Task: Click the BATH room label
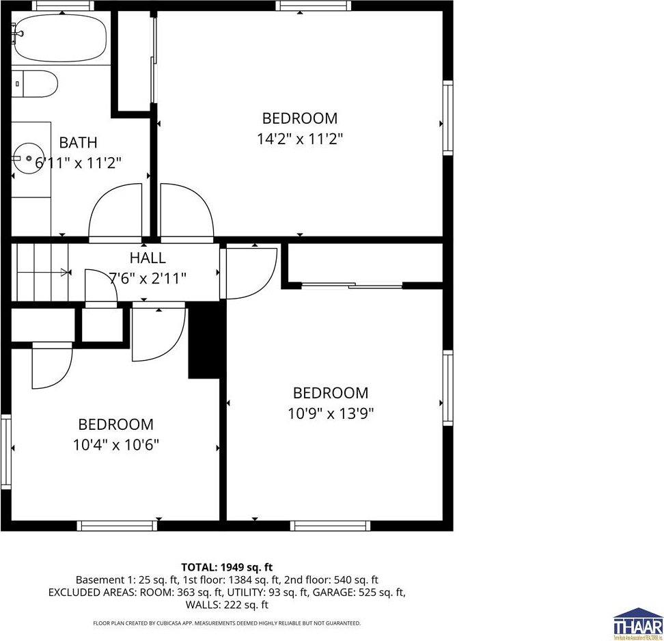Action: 78,143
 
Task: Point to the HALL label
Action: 148,258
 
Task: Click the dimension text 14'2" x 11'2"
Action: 299,139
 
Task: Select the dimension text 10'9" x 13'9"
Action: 331,413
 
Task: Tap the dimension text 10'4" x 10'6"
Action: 115,445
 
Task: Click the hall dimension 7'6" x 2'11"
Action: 148,278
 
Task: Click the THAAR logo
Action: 637,622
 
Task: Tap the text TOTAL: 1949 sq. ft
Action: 227,567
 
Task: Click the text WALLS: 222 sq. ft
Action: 227,605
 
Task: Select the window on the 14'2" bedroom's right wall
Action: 448,117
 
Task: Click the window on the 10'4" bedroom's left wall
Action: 6,447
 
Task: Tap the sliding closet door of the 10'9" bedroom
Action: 352,284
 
